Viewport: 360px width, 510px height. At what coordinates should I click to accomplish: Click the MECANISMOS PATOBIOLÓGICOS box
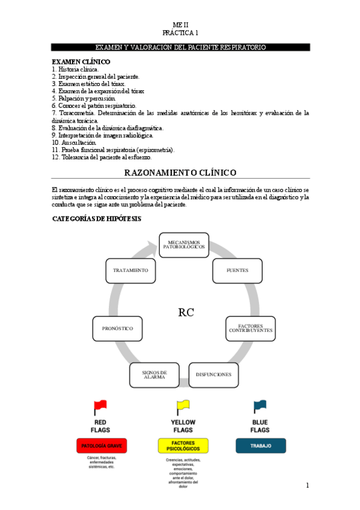coord(183,245)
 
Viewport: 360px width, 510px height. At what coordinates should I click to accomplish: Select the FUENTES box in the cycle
coord(237,271)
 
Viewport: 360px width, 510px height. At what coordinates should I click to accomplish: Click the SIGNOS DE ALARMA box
coord(154,374)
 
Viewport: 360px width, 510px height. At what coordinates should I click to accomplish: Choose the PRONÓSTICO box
coord(118,328)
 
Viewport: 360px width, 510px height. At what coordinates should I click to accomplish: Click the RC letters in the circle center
coord(186,312)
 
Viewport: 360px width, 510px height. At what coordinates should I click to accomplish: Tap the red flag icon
coord(100,408)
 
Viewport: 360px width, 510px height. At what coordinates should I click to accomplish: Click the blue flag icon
coord(260,407)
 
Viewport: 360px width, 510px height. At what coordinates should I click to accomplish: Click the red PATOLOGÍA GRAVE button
coord(101,446)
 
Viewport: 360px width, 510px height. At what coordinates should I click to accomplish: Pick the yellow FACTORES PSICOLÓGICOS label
coord(183,446)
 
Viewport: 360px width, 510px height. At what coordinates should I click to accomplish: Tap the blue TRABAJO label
coord(260,446)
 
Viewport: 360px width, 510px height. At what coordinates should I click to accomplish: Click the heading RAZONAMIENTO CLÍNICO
coord(180,173)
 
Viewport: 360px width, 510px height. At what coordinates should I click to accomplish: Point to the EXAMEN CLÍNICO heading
coord(81,62)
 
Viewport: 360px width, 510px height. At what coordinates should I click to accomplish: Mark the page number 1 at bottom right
coord(307,485)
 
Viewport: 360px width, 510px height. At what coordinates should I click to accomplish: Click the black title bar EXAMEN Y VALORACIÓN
coord(180,47)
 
